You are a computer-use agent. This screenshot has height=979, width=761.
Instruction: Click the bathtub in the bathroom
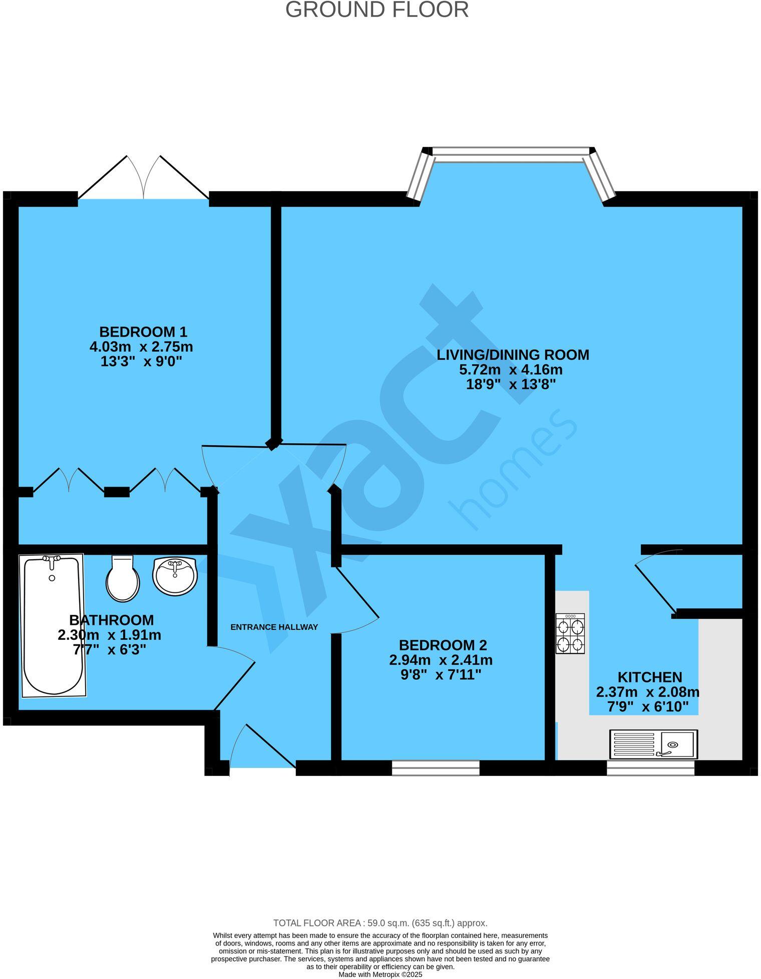point(53,625)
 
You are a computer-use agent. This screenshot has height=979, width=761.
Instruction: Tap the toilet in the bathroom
point(123,578)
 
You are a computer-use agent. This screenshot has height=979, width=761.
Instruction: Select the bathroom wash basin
point(175,576)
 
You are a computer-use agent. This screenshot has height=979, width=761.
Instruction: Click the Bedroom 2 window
point(435,767)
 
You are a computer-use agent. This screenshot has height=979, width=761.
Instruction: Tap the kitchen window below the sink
point(650,767)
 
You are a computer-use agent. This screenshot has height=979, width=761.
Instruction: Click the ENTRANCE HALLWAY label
point(274,627)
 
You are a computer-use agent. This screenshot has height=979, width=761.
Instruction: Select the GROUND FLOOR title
point(376,10)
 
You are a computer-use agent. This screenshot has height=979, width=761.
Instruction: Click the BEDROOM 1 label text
point(143,332)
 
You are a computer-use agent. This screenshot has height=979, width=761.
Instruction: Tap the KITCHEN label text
point(649,677)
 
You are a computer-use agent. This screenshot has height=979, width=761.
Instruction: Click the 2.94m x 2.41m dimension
point(441,660)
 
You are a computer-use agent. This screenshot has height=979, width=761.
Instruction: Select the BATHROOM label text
point(111,620)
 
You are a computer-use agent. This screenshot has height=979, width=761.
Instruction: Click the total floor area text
point(380,923)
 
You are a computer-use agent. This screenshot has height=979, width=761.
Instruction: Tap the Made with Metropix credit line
point(380,974)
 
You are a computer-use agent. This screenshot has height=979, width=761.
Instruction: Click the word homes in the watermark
point(513,470)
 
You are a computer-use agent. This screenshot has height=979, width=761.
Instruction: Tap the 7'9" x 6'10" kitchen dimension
point(647,707)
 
